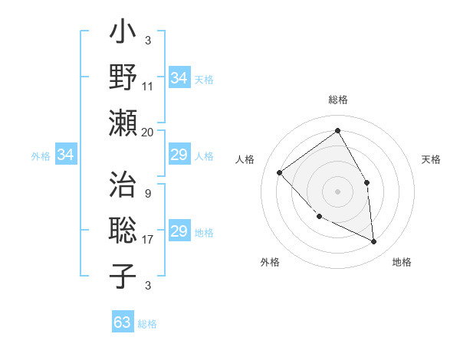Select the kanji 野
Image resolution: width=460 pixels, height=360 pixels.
123,79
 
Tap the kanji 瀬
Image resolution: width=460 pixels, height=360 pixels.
123,122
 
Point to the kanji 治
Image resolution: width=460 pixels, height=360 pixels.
123,187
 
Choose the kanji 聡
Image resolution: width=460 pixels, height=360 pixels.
123,231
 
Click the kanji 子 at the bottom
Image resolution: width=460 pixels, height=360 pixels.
123,276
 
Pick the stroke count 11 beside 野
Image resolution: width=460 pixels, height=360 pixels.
148,87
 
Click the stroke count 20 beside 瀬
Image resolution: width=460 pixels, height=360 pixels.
148,132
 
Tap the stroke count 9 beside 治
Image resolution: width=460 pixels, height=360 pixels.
148,193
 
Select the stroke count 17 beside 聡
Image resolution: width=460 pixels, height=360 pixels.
148,240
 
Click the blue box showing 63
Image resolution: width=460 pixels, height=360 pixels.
123,322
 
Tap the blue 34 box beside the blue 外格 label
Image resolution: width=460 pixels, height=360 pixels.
66,155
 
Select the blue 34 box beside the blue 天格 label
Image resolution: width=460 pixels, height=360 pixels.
179,78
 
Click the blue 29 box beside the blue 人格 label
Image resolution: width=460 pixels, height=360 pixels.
179,155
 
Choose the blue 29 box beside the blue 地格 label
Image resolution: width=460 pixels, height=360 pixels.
179,232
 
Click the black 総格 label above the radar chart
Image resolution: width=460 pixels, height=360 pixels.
337,100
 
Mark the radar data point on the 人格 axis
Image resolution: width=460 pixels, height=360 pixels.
280,172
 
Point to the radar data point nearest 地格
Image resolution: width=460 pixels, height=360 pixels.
373,241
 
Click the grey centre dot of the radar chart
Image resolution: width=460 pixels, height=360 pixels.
337,191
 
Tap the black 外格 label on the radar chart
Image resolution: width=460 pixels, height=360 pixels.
270,262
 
